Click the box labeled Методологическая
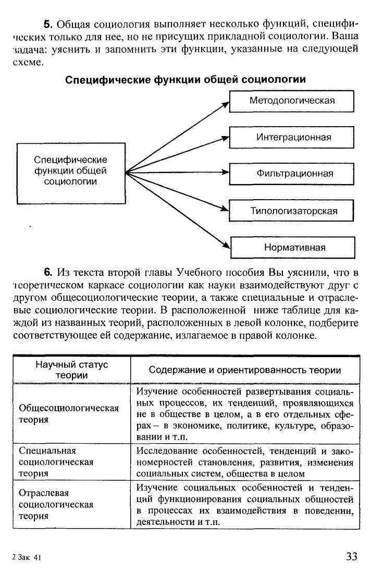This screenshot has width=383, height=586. (292, 101)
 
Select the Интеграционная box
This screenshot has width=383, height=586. (292, 138)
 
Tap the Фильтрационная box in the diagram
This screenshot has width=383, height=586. (292, 174)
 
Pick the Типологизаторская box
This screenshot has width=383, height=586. (292, 211)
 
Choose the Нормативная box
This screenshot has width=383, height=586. (292, 247)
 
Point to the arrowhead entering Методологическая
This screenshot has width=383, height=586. (227, 104)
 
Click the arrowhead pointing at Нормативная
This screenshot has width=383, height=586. (227, 245)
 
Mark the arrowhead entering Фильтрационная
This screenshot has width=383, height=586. (226, 172)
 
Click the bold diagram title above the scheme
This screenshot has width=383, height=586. (185, 79)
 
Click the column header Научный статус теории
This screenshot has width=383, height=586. (71, 370)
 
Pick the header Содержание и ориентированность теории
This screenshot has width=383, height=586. (244, 370)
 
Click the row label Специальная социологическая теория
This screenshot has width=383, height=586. (56, 462)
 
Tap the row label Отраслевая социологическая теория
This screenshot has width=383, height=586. (56, 504)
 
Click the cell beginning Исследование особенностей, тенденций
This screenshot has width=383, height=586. (244, 462)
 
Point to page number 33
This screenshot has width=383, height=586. (351, 556)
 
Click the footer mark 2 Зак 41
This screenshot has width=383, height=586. (26, 557)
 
